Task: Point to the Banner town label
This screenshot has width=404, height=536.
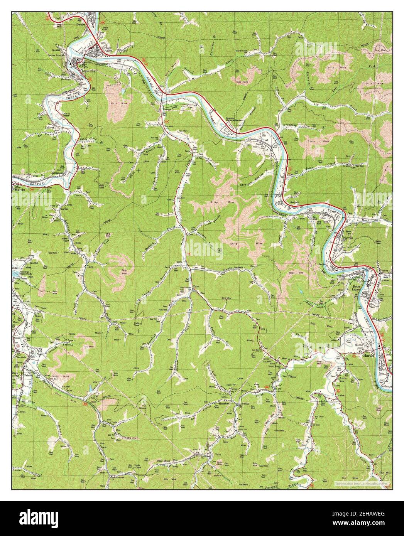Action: click(166, 110)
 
